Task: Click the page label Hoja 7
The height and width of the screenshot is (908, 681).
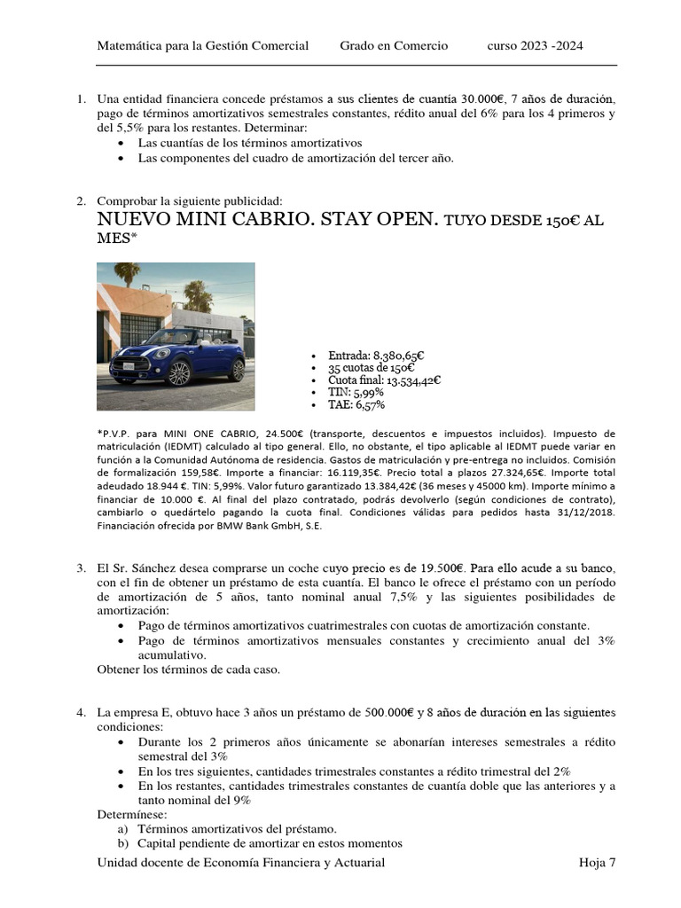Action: [597, 863]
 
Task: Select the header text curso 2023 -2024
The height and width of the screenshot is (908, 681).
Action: [535, 46]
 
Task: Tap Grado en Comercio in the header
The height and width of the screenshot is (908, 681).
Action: [394, 46]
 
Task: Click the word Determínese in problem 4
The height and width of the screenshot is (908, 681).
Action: [131, 814]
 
